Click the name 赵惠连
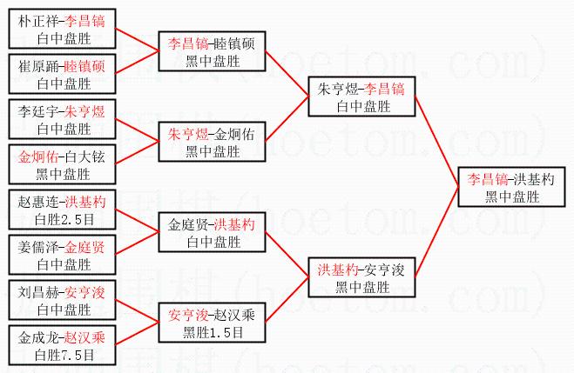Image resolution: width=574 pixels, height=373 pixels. coord(37,203)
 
